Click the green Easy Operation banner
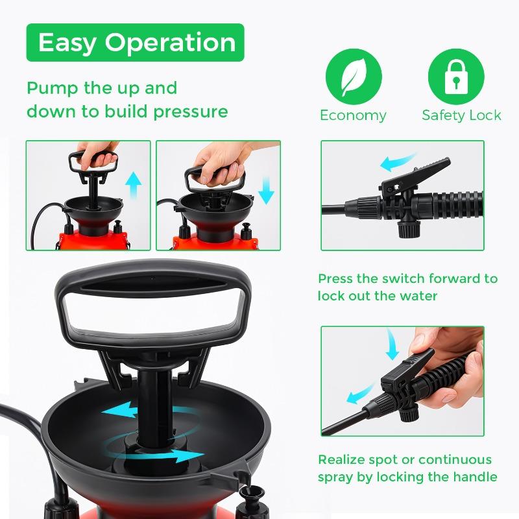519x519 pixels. click(136, 43)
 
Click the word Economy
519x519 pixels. click(353, 115)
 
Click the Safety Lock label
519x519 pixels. click(461, 115)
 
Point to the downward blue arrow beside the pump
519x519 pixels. click(265, 189)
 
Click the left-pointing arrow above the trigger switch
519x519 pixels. click(398, 160)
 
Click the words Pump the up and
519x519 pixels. click(102, 88)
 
